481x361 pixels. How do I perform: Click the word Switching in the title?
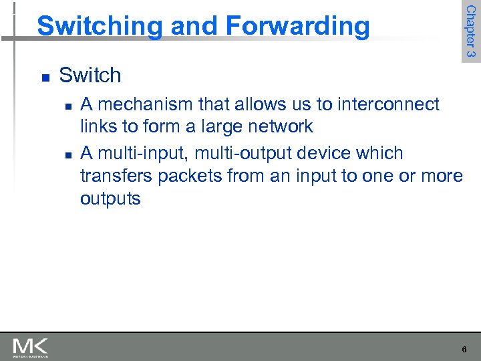99,26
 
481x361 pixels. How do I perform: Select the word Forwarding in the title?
297,26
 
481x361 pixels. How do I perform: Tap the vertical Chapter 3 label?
470,31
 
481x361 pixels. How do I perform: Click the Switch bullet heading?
90,76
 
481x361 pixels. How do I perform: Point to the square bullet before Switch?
44,78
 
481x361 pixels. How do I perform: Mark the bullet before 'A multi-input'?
67,154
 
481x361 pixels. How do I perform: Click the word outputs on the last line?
110,199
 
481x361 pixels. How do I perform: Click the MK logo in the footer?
30,347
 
